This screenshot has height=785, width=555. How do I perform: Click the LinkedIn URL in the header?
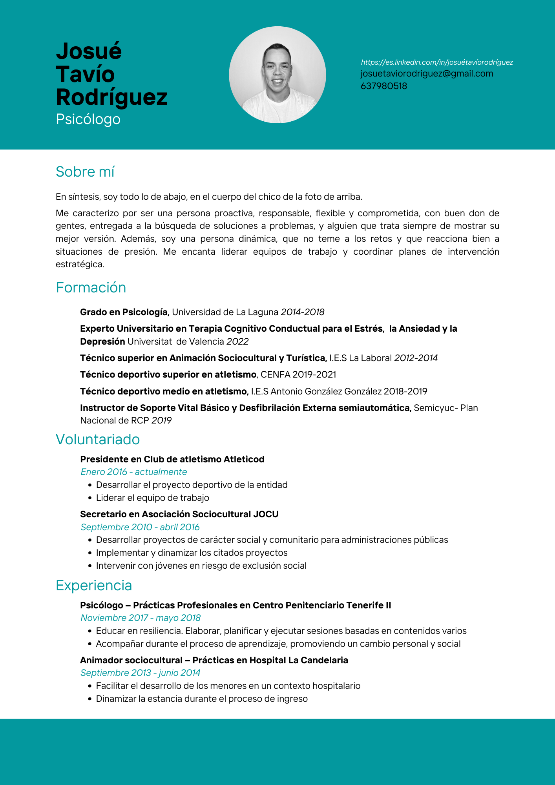436,62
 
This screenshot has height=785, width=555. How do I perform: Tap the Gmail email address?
427,74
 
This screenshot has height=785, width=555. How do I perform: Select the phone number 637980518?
383,86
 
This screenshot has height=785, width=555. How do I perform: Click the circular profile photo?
277,75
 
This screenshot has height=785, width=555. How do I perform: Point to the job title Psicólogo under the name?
88,119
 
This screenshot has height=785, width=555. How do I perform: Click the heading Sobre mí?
85,172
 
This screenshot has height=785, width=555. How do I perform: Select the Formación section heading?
91,288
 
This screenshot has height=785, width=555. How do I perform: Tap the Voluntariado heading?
97,440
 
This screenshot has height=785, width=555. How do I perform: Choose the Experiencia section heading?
93,586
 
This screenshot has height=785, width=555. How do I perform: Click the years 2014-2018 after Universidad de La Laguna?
302,312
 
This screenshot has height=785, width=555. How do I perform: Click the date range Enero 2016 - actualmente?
133,472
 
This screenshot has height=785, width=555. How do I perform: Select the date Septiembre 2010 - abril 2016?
140,528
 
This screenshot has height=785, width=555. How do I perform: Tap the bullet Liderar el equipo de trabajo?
152,498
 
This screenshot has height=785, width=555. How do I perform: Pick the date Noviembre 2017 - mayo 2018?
140,618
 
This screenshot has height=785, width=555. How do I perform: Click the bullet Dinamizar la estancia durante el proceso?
201,699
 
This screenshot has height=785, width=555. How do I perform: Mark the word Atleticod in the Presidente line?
244,460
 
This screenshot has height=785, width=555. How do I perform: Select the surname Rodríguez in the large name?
111,97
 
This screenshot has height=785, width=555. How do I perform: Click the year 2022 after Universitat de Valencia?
237,342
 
